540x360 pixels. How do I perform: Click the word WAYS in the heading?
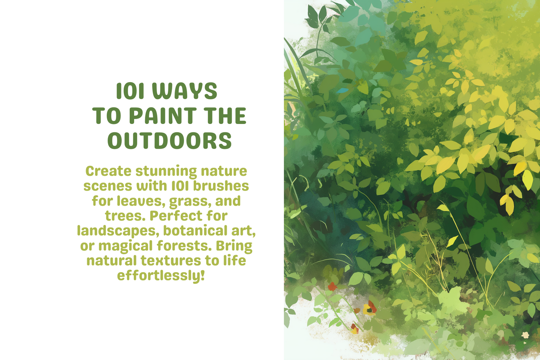[185, 91]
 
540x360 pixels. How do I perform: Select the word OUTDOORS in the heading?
[170, 141]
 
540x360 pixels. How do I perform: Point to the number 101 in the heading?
[130, 91]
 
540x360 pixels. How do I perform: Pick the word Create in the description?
[108, 171]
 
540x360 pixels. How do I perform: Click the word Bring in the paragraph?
[234, 246]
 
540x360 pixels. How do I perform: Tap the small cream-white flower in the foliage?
[525, 335]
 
